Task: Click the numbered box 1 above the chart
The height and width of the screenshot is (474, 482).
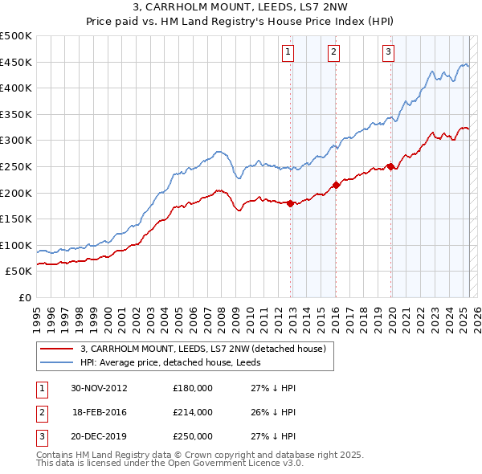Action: click(288, 53)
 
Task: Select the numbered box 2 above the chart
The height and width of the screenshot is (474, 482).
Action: click(333, 53)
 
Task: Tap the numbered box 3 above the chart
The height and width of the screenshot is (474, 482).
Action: click(388, 53)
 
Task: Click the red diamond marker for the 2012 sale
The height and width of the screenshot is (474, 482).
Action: click(291, 203)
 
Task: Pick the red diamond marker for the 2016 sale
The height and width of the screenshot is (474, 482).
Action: click(337, 185)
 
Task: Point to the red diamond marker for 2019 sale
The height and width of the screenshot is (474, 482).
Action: click(390, 166)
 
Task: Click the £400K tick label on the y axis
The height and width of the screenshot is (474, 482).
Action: click(17, 88)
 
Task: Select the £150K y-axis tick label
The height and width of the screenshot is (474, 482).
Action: click(17, 219)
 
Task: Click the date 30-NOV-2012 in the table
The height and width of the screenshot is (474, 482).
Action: click(100, 388)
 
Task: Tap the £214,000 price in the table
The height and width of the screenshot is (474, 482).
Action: click(193, 412)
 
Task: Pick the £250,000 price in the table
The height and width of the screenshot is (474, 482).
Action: click(193, 436)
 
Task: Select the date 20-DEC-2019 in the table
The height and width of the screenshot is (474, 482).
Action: click(100, 436)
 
